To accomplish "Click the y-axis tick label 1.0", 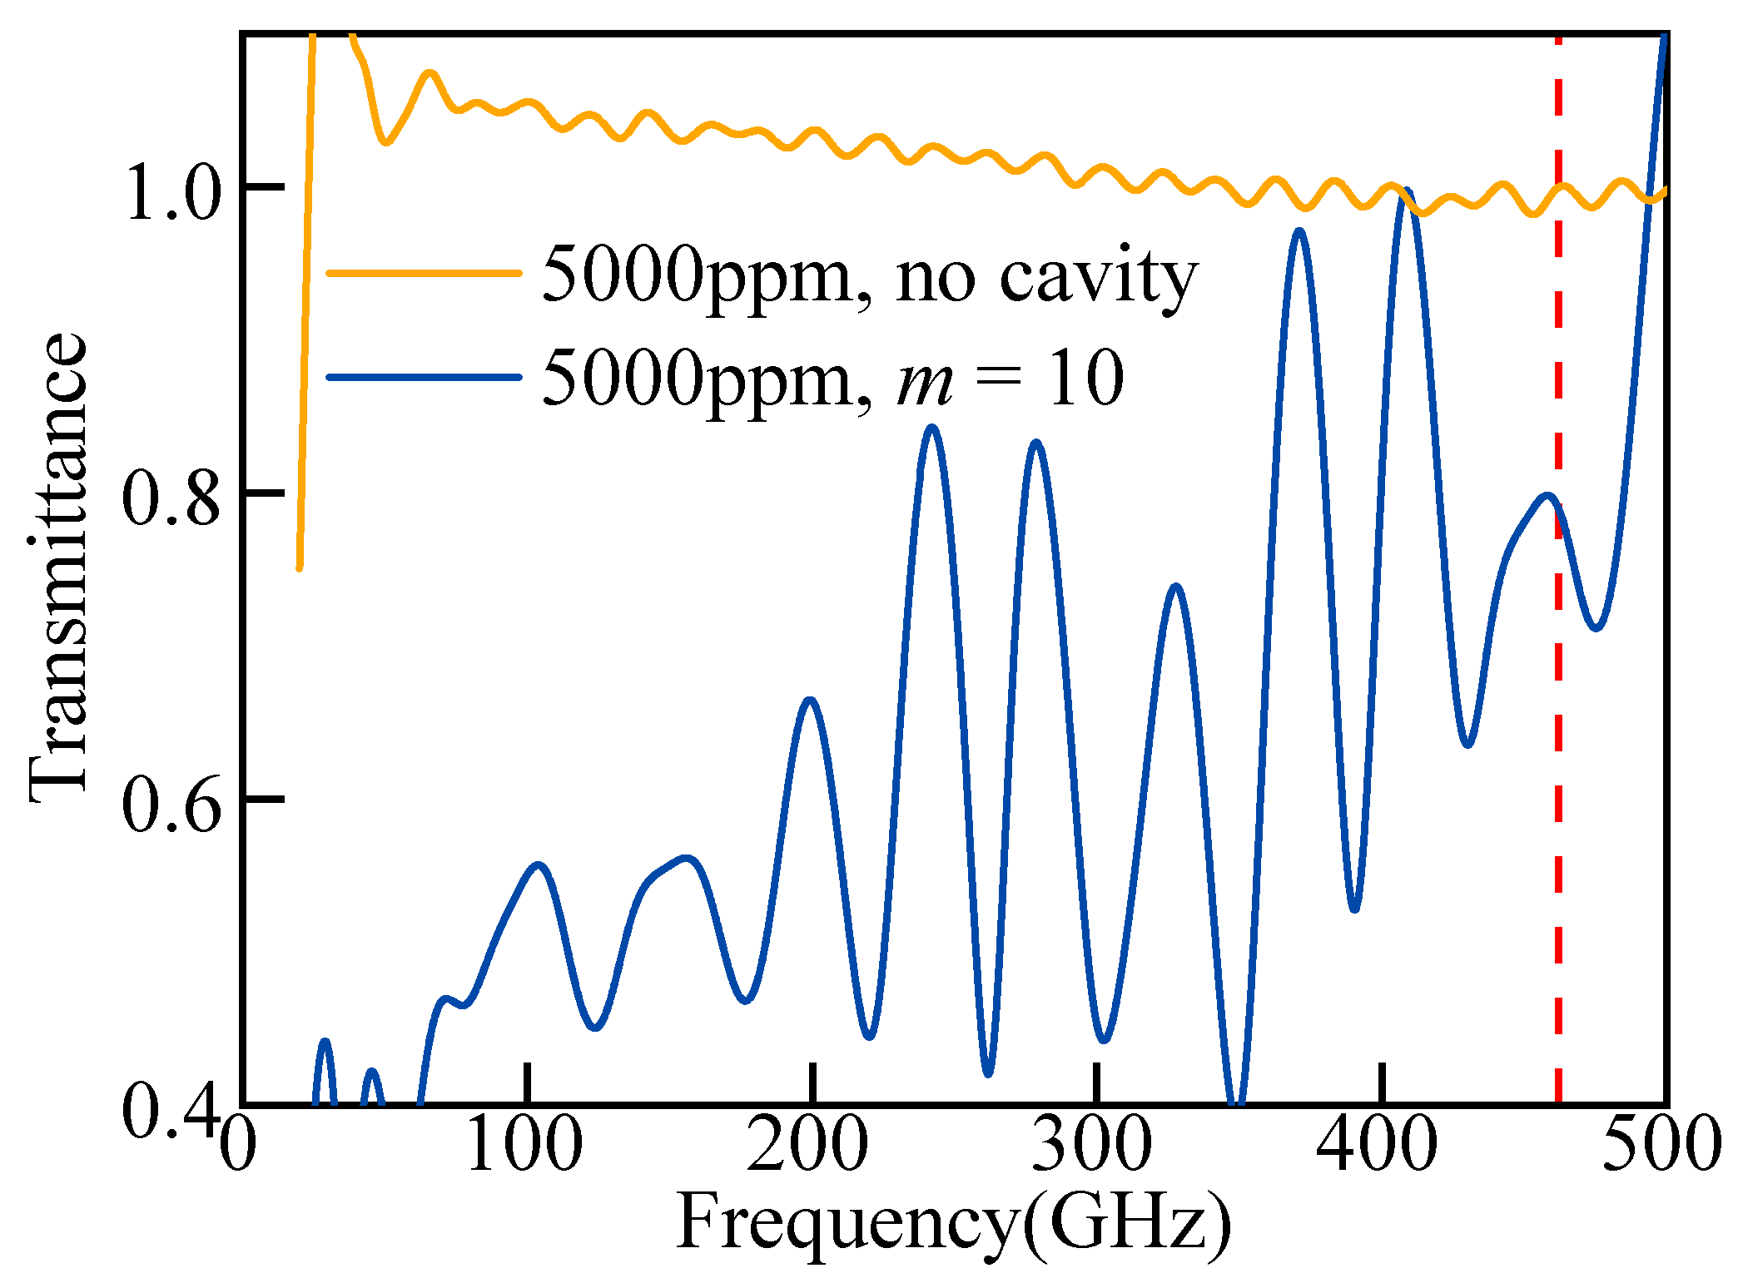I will click(x=173, y=196).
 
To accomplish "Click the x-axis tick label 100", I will click(x=524, y=1146).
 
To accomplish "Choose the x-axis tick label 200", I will click(x=807, y=1146).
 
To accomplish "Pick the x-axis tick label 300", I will click(x=1093, y=1146).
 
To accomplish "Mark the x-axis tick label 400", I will click(x=1377, y=1146).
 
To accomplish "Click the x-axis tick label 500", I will click(x=1661, y=1146).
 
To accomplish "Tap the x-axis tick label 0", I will click(x=238, y=1146).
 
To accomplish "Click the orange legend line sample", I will click(x=425, y=272).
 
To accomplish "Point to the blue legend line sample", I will click(x=425, y=377).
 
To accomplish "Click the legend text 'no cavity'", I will click(x=1045, y=276).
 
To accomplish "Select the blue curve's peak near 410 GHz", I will click(x=1407, y=193).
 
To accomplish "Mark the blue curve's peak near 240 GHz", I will click(x=932, y=429).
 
